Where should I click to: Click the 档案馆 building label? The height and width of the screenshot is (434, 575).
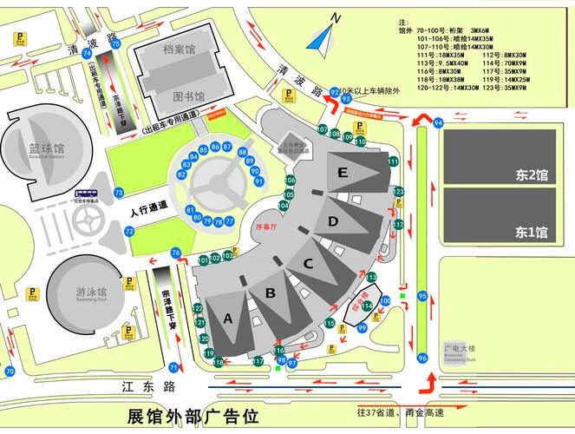tap(180, 50)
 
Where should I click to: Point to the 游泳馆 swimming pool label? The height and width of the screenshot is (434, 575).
tap(90, 293)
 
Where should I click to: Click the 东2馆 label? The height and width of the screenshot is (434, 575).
tap(531, 175)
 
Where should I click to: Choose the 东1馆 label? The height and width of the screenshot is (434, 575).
tap(531, 232)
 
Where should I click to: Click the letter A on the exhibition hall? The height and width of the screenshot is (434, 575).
tap(228, 319)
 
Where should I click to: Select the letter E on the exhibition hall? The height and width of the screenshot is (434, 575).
tap(343, 173)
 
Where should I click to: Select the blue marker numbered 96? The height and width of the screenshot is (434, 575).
tap(422, 358)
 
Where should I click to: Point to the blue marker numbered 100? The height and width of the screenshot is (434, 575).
tap(385, 300)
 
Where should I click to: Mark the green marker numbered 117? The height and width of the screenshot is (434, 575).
tap(258, 361)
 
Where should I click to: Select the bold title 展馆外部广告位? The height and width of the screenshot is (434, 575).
tap(193, 417)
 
